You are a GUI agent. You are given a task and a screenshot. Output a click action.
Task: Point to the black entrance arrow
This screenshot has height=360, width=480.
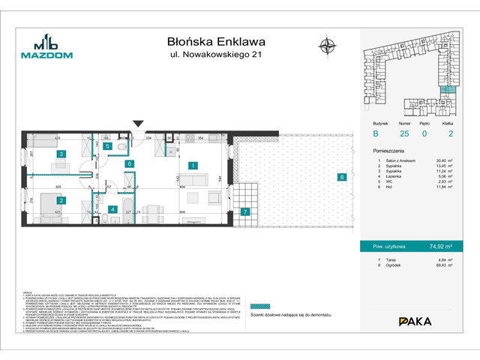pos(137,124)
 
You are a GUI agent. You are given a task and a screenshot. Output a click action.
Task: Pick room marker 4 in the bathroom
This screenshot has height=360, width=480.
pos(111,209)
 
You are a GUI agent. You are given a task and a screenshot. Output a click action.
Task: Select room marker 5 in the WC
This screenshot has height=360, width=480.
pos(108,147)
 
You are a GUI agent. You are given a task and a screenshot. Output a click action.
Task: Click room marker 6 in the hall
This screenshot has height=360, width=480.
pos(129,163)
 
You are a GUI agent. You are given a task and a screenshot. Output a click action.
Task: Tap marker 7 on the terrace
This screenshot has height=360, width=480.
pos(245,211)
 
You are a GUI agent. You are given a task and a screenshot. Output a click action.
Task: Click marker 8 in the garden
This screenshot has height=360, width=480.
pos(341,178)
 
